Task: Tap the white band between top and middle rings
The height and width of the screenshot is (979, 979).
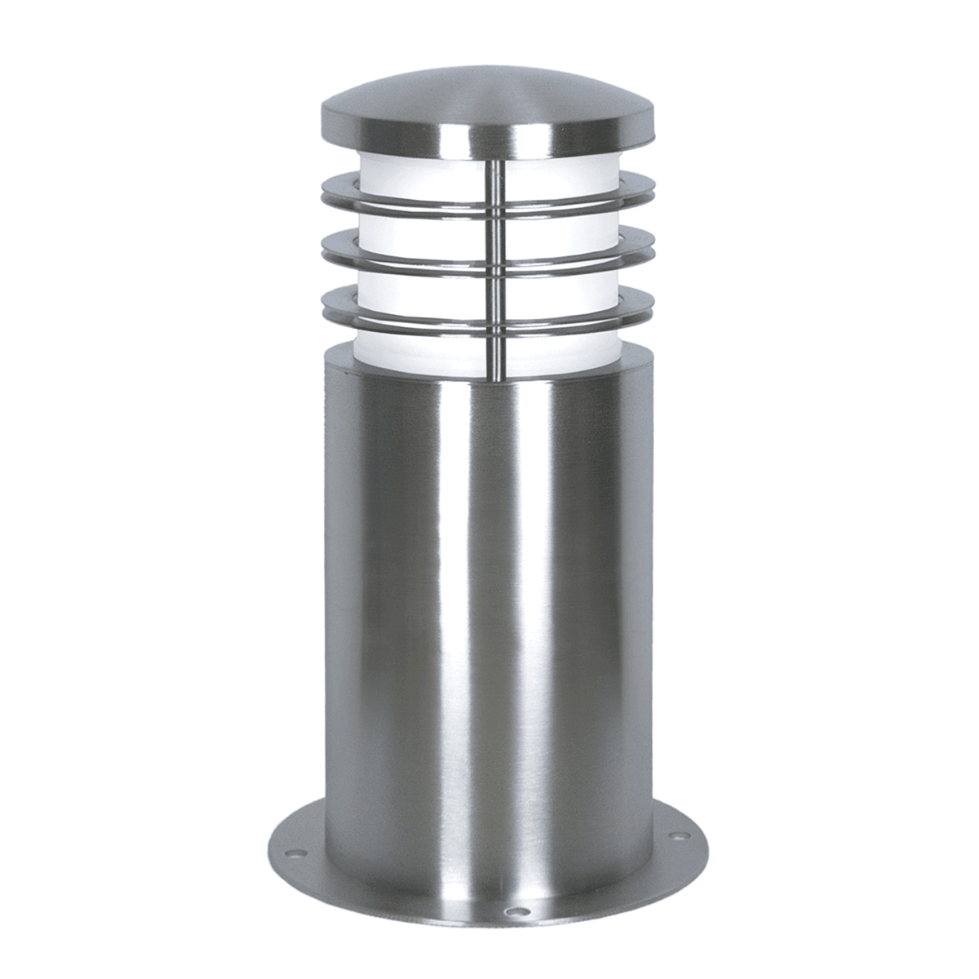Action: (408, 229)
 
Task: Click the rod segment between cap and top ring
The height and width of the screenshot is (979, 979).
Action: (495, 175)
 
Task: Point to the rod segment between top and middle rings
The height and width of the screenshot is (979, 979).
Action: (495, 233)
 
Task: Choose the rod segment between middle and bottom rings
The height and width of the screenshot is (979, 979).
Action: (495, 290)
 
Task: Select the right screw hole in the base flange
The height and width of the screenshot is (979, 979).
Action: (676, 835)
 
